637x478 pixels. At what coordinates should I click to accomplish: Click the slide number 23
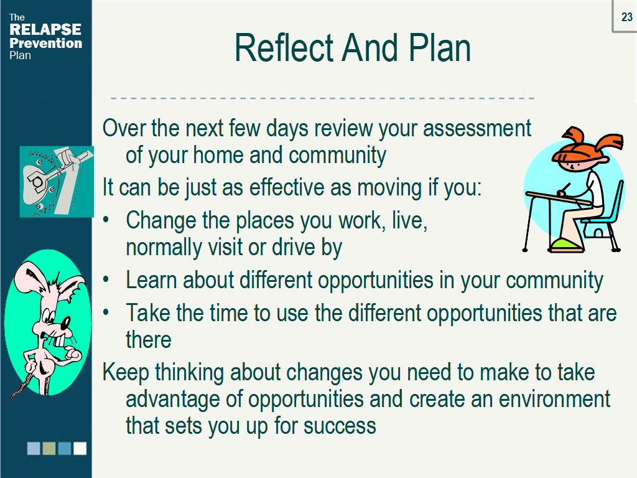point(626,17)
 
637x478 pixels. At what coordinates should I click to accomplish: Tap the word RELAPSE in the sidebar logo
point(45,29)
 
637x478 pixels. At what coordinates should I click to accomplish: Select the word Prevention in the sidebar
point(45,43)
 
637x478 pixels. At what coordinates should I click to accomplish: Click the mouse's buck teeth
point(59,340)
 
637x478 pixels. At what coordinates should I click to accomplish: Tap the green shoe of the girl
point(565,245)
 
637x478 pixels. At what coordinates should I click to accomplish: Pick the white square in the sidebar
point(80,448)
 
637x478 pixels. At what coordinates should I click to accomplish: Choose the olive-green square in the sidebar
point(49,448)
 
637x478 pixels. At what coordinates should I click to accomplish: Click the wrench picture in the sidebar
point(57,182)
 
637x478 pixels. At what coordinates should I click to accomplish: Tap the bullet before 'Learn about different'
point(106,279)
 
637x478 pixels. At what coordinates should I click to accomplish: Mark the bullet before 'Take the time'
point(106,312)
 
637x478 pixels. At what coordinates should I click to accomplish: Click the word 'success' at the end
point(340,426)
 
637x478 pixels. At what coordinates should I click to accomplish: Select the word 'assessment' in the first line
point(477,128)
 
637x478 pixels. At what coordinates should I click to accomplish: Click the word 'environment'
point(554,399)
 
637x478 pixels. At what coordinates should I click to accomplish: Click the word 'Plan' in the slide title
point(440,48)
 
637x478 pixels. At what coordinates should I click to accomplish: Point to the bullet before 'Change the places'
point(106,220)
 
